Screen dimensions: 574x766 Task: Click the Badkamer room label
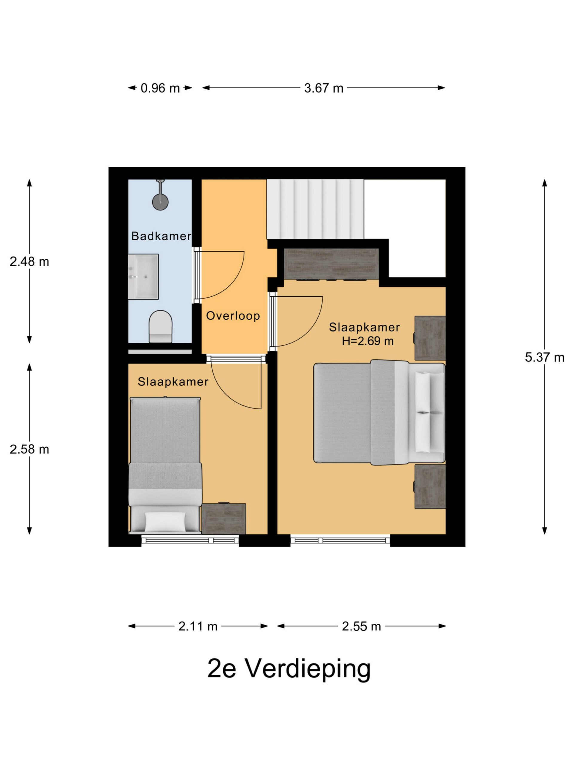(161, 236)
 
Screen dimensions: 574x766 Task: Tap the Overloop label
(233, 315)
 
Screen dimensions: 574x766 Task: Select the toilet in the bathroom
(161, 326)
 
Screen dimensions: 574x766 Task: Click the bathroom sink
(143, 277)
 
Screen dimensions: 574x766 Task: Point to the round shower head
(160, 202)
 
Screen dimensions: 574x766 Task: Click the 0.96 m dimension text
(160, 88)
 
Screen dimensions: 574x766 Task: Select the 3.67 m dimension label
(323, 88)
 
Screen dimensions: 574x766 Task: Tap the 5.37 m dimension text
(544, 357)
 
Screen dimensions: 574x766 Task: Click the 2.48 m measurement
(29, 262)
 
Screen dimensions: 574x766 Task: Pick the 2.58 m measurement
(29, 449)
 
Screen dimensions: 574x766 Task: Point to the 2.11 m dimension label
(198, 626)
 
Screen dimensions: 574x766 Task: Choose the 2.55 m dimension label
(361, 626)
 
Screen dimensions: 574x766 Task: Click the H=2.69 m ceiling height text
(368, 341)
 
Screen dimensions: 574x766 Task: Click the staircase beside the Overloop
(315, 209)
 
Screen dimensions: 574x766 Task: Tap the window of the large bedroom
(340, 540)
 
